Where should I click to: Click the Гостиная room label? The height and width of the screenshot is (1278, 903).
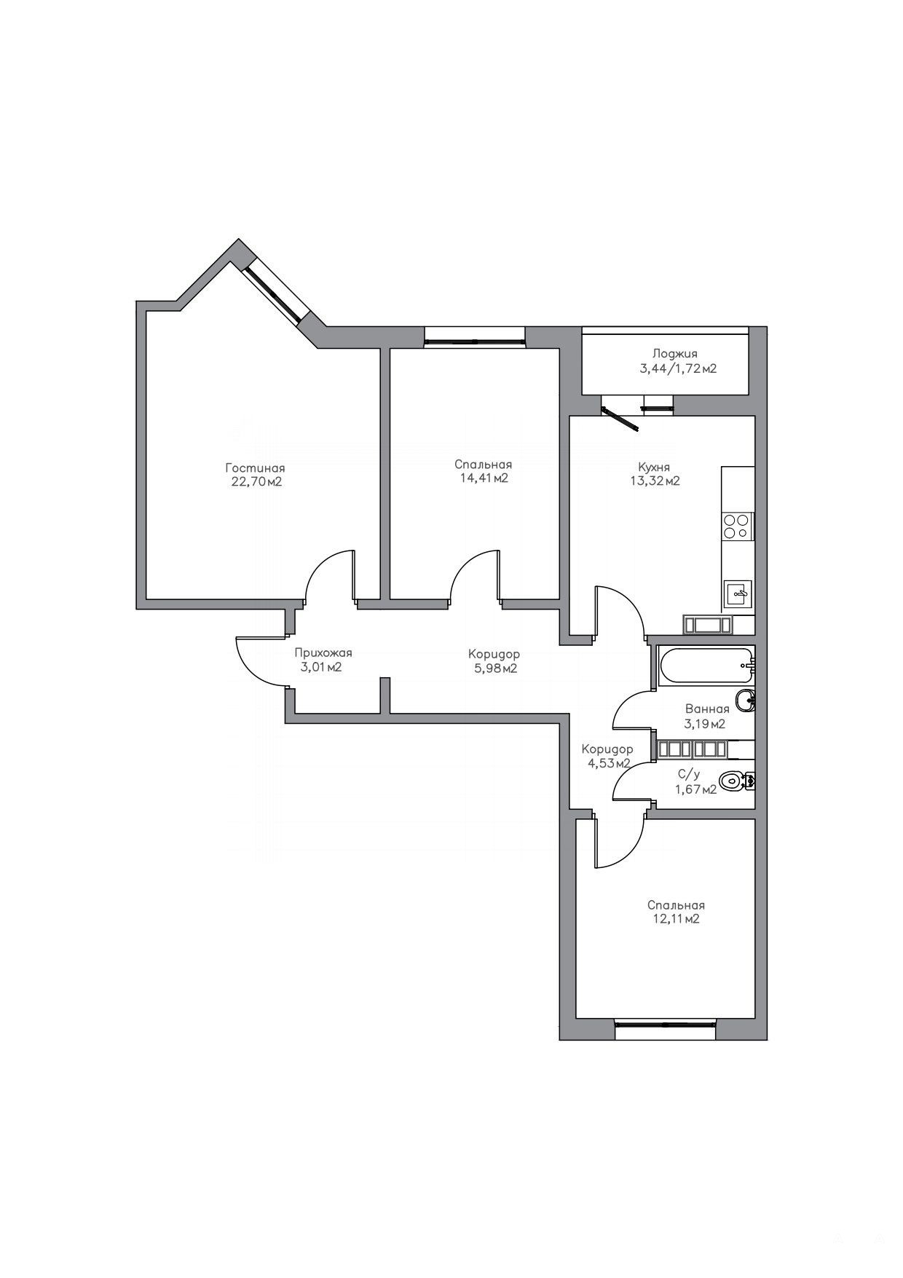tap(255, 468)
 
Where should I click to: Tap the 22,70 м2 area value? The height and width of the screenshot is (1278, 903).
tap(255, 481)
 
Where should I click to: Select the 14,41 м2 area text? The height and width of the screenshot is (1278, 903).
tap(483, 478)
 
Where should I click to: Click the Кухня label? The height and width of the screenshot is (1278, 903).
tap(653, 467)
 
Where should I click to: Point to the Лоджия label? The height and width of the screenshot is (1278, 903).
tap(674, 354)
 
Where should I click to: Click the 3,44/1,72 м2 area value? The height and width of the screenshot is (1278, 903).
tap(678, 368)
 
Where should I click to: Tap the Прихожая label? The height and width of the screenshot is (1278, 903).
tap(323, 653)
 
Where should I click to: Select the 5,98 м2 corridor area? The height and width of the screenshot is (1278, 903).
tap(493, 668)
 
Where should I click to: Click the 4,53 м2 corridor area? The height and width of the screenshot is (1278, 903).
tap(607, 763)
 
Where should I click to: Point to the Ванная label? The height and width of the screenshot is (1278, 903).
tap(706, 709)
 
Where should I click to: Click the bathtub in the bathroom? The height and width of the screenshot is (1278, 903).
tap(706, 665)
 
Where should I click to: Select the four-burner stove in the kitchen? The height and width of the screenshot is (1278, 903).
tap(737, 525)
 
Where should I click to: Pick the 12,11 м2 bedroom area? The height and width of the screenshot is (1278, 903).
tap(676, 919)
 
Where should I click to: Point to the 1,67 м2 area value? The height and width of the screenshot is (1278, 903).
tap(696, 789)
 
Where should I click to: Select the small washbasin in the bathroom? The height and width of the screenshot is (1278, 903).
tap(746, 701)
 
